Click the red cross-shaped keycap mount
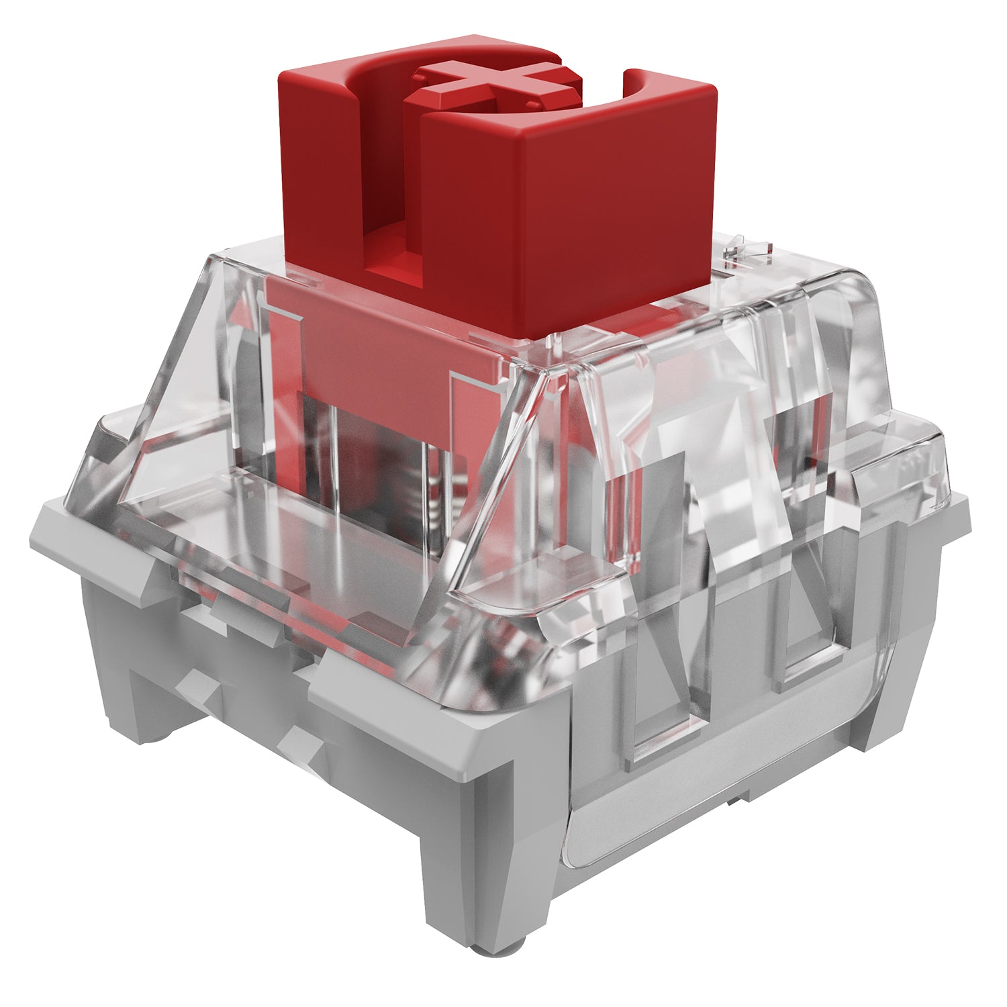pos(493,87)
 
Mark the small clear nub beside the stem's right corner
pos(745,248)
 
